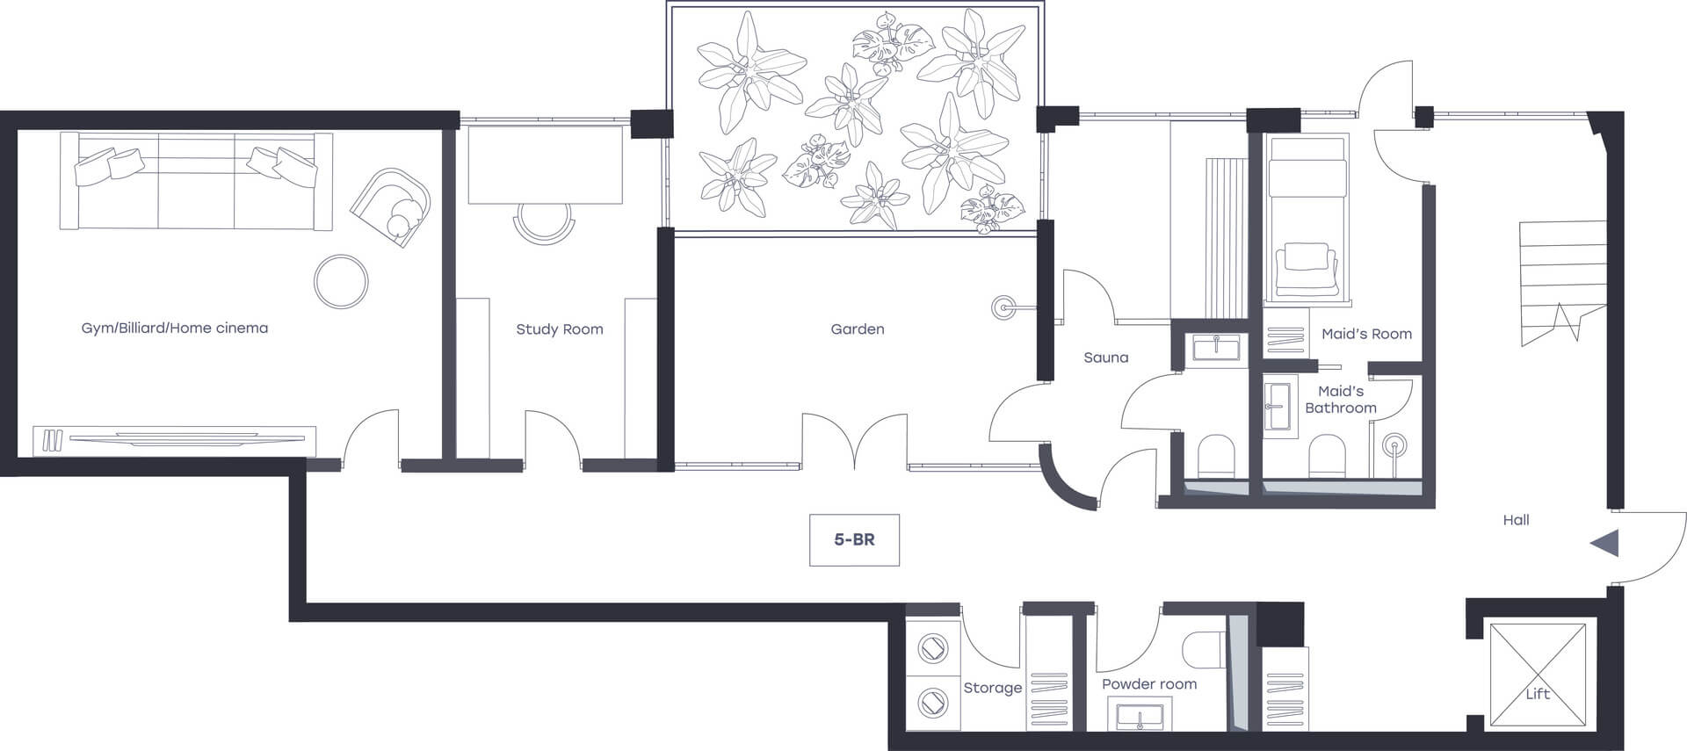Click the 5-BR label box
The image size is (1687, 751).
coord(854,539)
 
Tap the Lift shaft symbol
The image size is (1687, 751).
coord(1537,676)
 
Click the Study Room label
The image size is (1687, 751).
coord(560,329)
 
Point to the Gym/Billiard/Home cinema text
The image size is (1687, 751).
coord(175,328)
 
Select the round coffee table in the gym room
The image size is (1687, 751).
coord(341,281)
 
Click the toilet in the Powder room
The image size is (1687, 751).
coord(1204,650)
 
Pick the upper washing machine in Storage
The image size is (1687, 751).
coord(932,649)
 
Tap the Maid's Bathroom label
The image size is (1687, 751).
coord(1341,400)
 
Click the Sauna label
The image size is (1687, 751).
coord(1105,357)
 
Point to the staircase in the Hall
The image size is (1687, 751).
coord(1563,283)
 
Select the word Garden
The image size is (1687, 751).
coord(858,329)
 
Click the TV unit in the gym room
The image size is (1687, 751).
coord(174,439)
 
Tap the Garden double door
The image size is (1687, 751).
coord(854,439)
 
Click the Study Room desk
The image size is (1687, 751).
coord(545,165)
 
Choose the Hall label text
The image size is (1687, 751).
coord(1516,520)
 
